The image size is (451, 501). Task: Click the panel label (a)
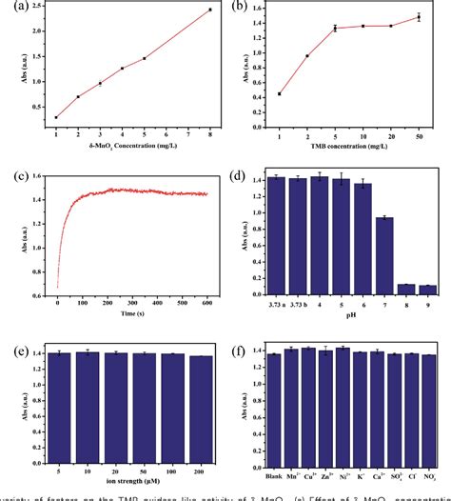(15, 10)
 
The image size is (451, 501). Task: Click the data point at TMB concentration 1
(279, 93)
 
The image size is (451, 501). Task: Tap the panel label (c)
(15, 177)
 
